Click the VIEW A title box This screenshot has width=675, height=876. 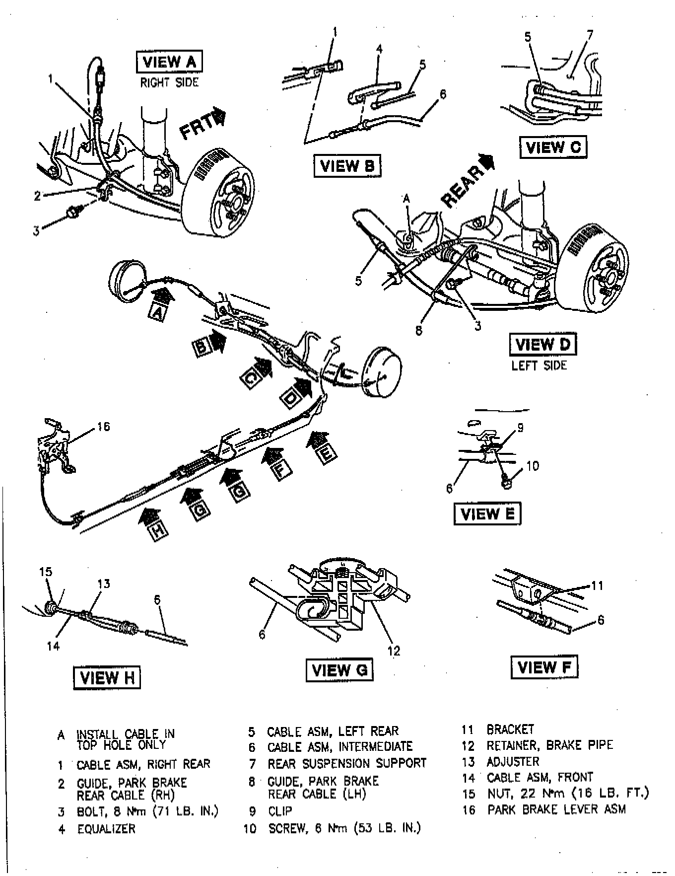point(169,62)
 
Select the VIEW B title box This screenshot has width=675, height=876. point(346,165)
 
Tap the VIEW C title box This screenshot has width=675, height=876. point(552,147)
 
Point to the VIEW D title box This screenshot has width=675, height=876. point(542,345)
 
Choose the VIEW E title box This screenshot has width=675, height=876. point(487,514)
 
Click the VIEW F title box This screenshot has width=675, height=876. point(544,667)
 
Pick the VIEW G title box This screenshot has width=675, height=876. point(339,670)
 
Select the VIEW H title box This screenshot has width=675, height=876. point(107,678)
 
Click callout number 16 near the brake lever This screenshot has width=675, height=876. point(103,427)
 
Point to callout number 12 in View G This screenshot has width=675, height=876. point(394,651)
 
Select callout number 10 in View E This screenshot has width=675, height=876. point(532,466)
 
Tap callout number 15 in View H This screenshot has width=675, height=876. point(46,572)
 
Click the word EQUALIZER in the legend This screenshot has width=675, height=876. point(106,829)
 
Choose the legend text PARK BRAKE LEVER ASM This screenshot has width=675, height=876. point(556,809)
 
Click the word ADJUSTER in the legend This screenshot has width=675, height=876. point(513,762)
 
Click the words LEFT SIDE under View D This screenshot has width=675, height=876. point(539,365)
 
